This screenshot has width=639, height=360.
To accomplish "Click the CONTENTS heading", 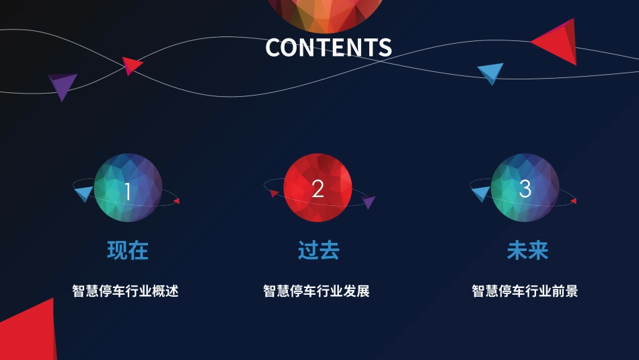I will click(x=328, y=47).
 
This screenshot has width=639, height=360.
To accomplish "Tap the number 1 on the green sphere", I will click(x=128, y=191).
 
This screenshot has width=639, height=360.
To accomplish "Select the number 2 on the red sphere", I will click(x=318, y=189).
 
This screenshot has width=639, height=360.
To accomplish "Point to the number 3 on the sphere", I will click(x=525, y=189).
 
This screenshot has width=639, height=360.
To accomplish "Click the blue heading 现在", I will click(x=128, y=250).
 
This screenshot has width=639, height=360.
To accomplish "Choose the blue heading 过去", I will click(x=319, y=250).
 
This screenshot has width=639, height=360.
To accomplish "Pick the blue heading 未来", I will click(x=527, y=250).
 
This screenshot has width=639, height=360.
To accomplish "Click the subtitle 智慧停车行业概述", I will click(x=125, y=291).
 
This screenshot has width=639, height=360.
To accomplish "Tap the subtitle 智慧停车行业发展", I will click(x=316, y=291).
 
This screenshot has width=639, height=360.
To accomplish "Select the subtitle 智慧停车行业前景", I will click(x=525, y=291).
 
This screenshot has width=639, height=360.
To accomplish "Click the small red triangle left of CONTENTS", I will click(x=132, y=65).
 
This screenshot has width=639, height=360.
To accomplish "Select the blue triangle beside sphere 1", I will click(x=83, y=194).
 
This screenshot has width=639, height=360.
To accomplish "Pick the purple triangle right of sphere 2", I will click(x=369, y=202).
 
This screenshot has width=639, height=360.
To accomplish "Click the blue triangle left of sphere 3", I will click(x=481, y=194).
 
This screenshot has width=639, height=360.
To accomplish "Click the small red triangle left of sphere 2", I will click(x=274, y=194).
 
